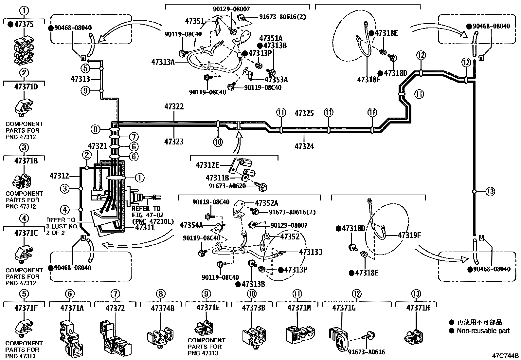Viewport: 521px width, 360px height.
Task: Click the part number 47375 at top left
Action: coord(25,24)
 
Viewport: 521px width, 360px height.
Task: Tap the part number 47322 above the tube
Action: coord(174,107)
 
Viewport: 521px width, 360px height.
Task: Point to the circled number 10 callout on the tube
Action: coord(218,142)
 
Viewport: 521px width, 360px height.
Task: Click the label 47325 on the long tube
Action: coord(304,114)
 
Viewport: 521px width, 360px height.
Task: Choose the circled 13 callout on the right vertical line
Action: coord(490,191)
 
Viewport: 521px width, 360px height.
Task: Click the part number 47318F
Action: coord(368,80)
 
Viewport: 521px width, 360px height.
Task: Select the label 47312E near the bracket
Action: coord(207,165)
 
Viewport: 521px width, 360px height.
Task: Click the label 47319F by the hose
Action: coord(409,235)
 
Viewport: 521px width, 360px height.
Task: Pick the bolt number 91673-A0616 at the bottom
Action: coord(366,352)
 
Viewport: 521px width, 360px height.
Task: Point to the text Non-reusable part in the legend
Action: coord(483,331)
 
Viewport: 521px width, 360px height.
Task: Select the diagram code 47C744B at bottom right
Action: coord(505,356)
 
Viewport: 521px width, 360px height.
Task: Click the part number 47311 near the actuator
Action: coord(145,227)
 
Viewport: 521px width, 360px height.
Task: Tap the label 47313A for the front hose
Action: coord(163,62)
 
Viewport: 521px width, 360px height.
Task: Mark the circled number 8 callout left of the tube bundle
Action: coord(95,129)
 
